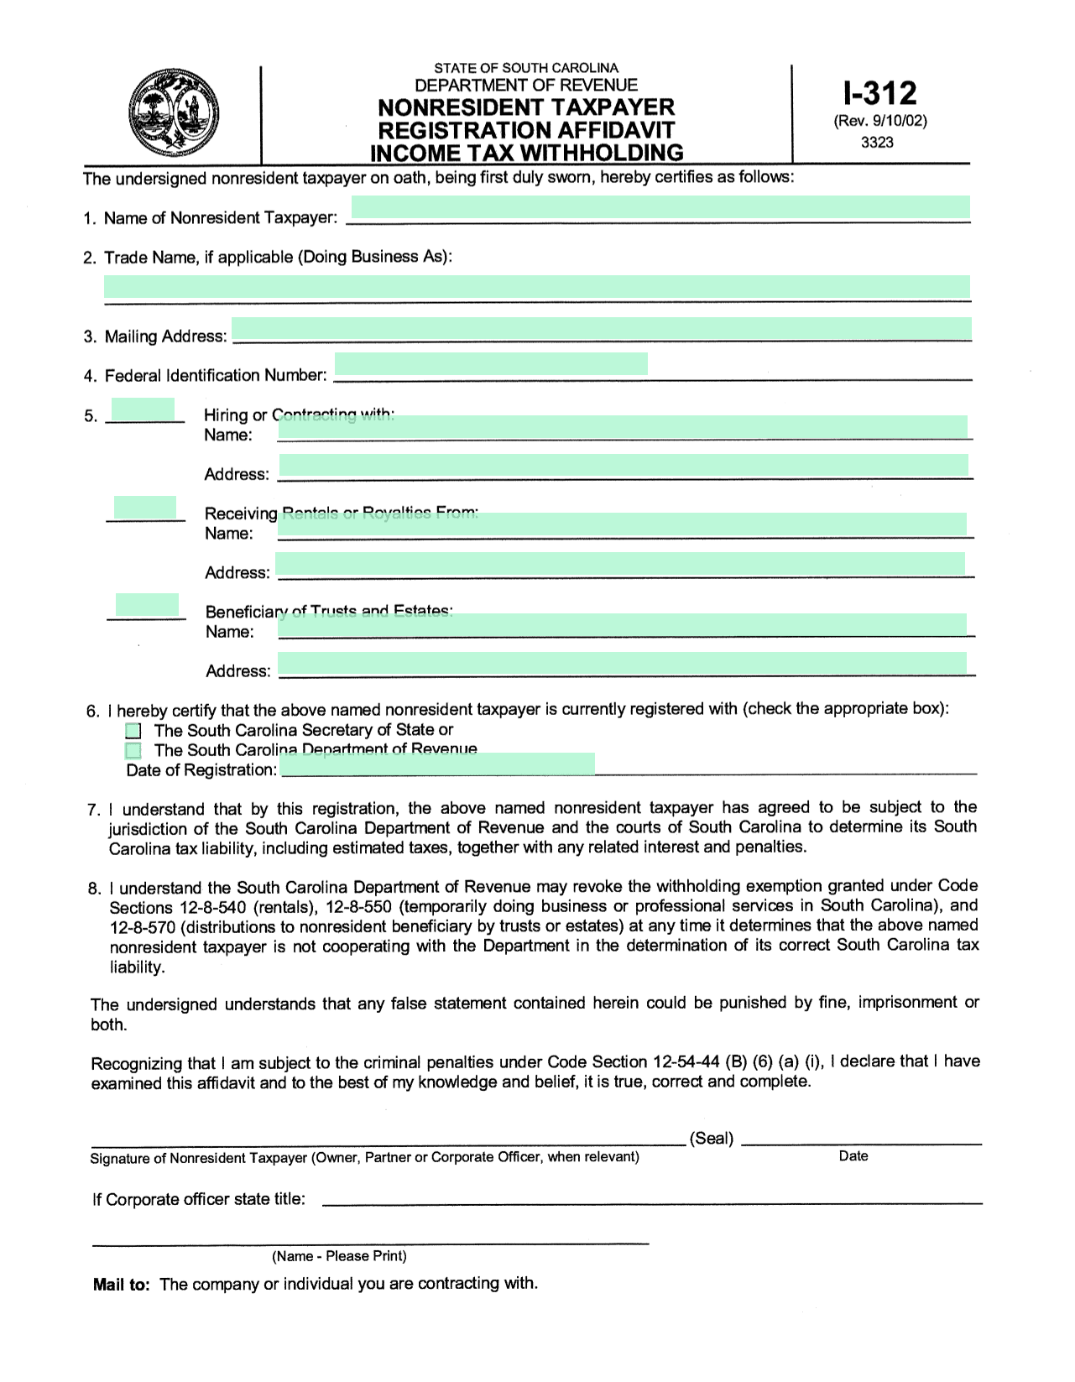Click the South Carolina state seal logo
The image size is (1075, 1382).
[174, 113]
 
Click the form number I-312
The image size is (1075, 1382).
[879, 92]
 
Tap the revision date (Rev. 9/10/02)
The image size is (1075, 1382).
[879, 121]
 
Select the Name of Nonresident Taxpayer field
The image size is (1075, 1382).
[660, 207]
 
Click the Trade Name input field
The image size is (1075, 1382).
[537, 287]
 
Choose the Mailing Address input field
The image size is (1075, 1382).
[601, 328]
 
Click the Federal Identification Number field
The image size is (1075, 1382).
[491, 363]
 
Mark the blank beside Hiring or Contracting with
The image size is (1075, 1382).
[143, 409]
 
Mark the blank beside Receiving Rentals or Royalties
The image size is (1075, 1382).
[144, 508]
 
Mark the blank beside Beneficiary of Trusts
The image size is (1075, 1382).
[146, 606]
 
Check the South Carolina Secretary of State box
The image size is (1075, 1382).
[133, 731]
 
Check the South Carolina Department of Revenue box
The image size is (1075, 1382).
[133, 750]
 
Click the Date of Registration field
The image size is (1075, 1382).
[438, 764]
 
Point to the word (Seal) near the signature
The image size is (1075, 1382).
[711, 1139]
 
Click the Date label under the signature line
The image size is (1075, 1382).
[853, 1156]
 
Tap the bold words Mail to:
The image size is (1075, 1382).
[122, 1285]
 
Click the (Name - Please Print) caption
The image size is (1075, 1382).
[339, 1256]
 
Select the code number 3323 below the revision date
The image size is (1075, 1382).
[877, 143]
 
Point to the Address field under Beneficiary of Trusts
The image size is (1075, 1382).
[622, 665]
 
